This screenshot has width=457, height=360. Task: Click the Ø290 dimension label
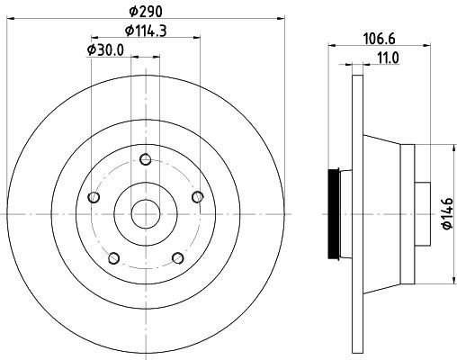click(x=146, y=12)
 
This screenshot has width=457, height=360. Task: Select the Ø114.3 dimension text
click(x=146, y=31)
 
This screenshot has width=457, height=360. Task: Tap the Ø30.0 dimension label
click(x=105, y=50)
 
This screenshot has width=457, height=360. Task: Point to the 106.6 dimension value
click(x=380, y=39)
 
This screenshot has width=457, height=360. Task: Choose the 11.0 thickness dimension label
click(x=389, y=58)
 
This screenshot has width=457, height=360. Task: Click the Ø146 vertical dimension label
click(x=447, y=213)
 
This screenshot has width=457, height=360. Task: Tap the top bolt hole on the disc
click(x=146, y=159)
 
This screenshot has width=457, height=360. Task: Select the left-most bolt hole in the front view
click(x=94, y=197)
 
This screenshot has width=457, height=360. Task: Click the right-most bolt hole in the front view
click(x=198, y=197)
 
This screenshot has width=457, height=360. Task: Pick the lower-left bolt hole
click(x=113, y=258)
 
